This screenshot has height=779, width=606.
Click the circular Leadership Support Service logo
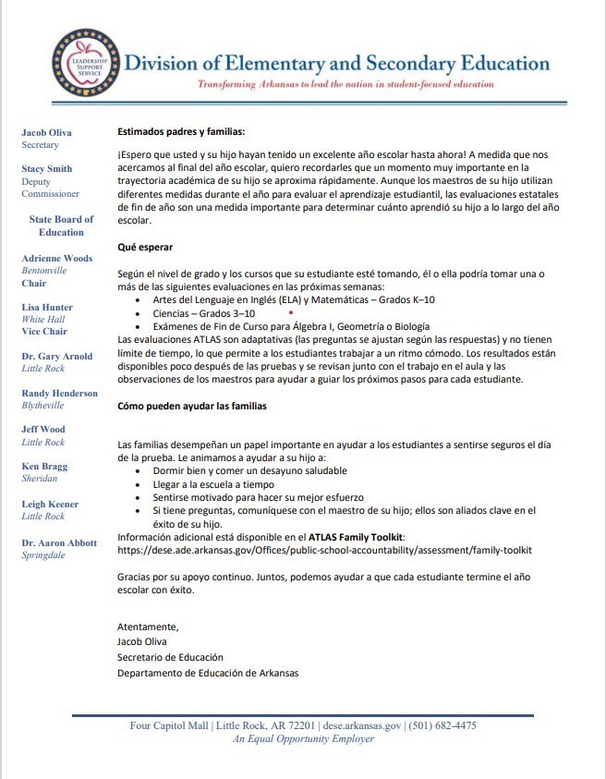click(x=84, y=64)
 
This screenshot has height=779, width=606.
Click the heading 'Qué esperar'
click(x=144, y=248)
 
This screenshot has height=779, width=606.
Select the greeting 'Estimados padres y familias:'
click(x=181, y=132)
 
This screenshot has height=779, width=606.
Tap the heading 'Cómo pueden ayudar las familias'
click(x=192, y=406)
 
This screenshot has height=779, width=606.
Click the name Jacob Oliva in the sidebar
click(x=46, y=132)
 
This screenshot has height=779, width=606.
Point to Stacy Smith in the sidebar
click(x=46, y=169)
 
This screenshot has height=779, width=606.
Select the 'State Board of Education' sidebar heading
click(x=61, y=225)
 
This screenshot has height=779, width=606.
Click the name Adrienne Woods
click(x=57, y=258)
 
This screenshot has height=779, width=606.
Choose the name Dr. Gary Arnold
click(x=57, y=356)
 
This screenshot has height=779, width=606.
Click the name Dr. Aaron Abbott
click(x=59, y=542)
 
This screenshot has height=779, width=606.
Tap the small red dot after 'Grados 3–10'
click(x=291, y=312)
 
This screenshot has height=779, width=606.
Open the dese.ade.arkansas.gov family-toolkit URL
click(x=324, y=550)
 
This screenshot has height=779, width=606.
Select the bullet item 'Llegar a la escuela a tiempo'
click(x=213, y=483)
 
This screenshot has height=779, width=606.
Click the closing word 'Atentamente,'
click(x=148, y=627)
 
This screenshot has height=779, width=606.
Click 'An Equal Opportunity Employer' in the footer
click(x=303, y=738)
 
